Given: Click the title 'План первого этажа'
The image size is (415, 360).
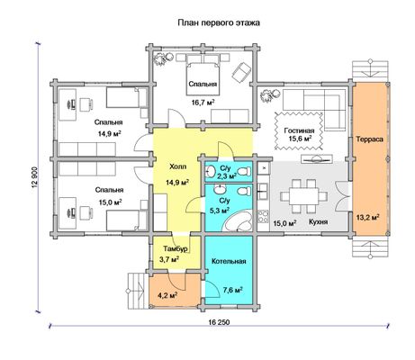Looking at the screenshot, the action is pos(219,22).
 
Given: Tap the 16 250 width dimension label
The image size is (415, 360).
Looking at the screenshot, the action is pos(219,322).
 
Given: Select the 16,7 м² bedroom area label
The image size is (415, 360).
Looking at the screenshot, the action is pos(203,103).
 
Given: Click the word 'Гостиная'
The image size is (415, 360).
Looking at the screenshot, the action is pos(299,130).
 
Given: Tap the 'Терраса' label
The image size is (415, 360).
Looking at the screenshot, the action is pos(369,139).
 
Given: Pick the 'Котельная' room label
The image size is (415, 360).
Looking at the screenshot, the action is pos(229,261).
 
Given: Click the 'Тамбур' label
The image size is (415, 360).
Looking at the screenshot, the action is pos(176,248).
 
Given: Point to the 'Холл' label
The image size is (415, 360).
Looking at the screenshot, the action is pos(178,166).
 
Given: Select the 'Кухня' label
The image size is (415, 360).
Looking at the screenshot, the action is pos(319,222).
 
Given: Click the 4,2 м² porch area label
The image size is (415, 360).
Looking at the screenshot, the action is pos(167,296).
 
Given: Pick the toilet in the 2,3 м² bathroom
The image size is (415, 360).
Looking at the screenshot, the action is pos(244,172).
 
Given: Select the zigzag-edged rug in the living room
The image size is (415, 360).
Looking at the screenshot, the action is pos(299,131).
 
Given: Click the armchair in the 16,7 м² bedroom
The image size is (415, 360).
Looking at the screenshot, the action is pos(241,71).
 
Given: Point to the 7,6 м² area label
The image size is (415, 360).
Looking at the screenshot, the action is pos(232,291).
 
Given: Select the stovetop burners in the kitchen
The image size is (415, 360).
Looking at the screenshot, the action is pos(263,216).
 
